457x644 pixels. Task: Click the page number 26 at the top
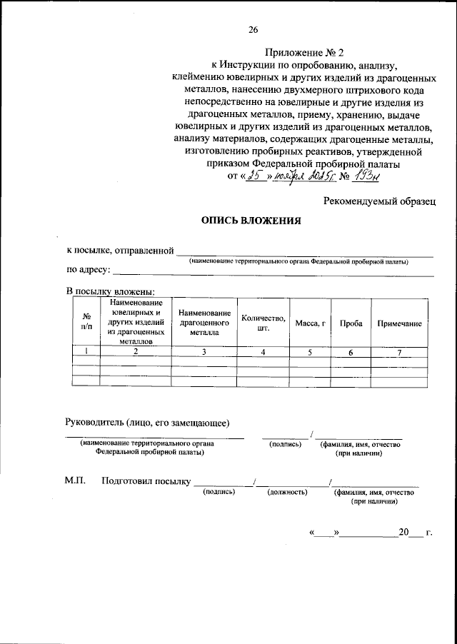[x=253, y=29]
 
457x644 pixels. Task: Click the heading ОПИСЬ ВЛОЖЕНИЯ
[x=251, y=221]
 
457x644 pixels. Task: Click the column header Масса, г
[x=310, y=323]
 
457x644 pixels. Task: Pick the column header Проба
[x=350, y=323]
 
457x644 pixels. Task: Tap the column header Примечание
[x=399, y=323]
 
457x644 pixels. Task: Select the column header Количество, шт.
[x=263, y=323]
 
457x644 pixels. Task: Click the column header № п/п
[x=86, y=323]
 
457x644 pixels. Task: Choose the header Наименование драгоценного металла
[x=204, y=323]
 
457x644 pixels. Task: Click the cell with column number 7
[x=399, y=351]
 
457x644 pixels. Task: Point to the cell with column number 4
[x=263, y=351]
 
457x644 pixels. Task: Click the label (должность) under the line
[x=287, y=492]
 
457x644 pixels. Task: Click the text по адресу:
[x=87, y=271]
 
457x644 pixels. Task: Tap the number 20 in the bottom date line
[x=405, y=532]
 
